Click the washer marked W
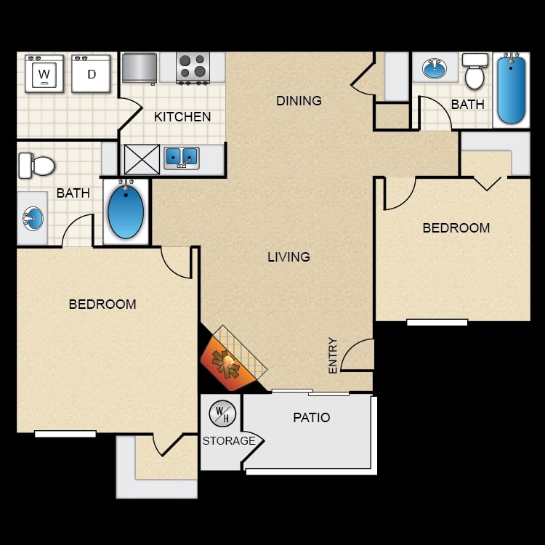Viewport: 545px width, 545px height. pos(44,73)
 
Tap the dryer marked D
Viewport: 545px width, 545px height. pos(91,73)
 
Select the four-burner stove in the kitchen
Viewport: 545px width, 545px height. pos(193,67)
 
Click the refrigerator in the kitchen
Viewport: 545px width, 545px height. pos(140,68)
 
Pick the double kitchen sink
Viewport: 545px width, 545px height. pos(182,157)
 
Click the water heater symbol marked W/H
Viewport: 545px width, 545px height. pos(222,414)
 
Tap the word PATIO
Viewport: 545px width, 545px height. pos(311,418)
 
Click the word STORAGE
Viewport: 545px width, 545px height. pos(229,441)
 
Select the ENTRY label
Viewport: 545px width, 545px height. pos(333,355)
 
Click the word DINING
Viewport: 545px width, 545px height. pos(299,101)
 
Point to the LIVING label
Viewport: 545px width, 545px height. pos(288,257)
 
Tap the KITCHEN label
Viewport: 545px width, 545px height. pos(182,117)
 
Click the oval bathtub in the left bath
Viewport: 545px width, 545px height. pos(126,211)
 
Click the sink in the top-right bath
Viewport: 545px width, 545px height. pos(435,69)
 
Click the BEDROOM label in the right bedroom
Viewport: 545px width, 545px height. pos(456,227)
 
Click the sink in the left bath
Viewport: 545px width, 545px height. pos(33,217)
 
